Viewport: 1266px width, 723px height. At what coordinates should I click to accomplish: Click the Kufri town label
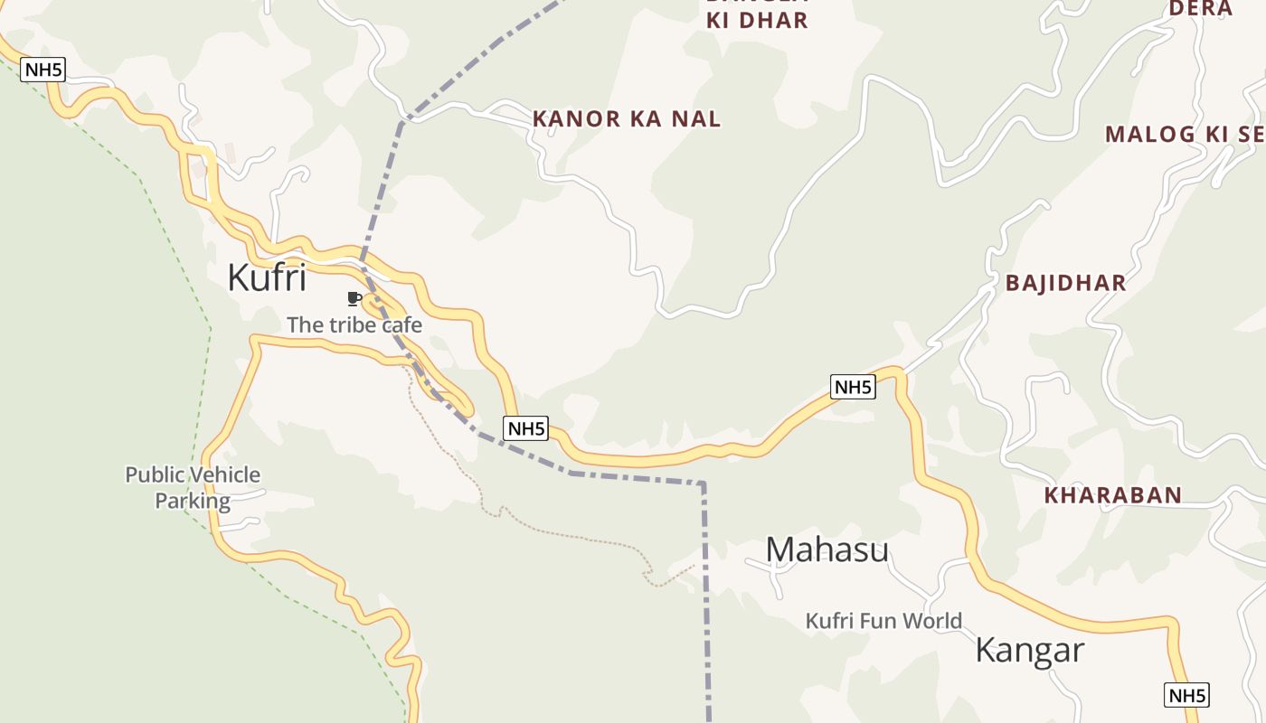click(267, 277)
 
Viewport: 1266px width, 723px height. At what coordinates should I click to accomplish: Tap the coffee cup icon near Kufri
click(354, 299)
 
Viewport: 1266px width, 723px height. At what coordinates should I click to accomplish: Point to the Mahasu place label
click(827, 549)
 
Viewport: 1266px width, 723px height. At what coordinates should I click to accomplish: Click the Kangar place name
click(1029, 650)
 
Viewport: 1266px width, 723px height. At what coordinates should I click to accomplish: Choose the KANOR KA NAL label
click(627, 118)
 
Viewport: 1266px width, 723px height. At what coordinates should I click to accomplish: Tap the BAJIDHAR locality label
click(1066, 283)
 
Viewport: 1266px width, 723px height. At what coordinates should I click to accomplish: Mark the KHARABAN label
click(1113, 495)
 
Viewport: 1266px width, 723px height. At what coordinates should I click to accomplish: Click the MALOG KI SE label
click(1185, 135)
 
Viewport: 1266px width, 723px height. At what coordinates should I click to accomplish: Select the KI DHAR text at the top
click(756, 20)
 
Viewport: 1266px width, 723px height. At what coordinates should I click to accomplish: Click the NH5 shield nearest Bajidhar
click(853, 388)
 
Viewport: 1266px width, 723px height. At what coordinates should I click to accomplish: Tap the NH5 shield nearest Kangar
click(1186, 695)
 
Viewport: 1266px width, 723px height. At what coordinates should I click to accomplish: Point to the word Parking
click(193, 501)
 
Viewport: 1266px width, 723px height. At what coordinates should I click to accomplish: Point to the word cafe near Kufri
click(398, 324)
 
